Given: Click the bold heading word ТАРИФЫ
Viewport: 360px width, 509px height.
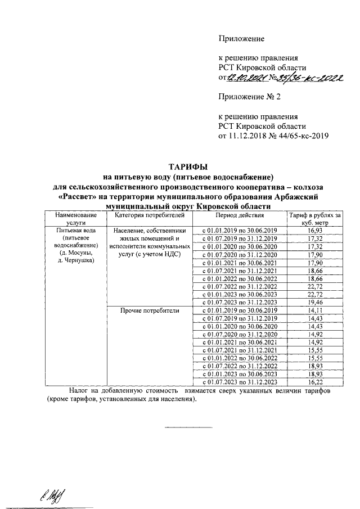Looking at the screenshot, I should pos(188,166).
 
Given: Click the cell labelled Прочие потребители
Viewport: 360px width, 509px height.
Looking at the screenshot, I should pos(149,310).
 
